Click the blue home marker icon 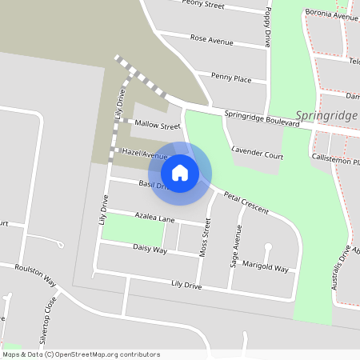tap(180, 172)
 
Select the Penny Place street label tap(231, 78)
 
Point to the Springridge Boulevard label tap(260, 115)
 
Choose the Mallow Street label tap(158, 126)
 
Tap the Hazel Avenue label tap(143, 152)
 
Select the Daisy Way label tap(150, 249)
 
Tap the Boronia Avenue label tap(330, 15)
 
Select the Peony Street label tap(203, 4)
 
